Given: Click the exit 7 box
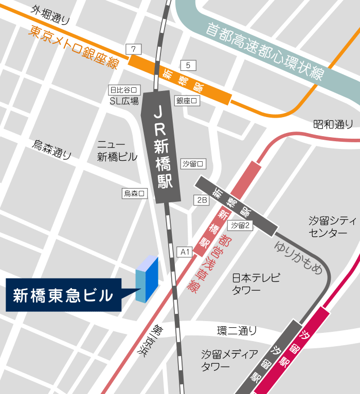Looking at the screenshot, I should pyautogui.click(x=134, y=49).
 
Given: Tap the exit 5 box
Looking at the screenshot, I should pyautogui.click(x=188, y=65).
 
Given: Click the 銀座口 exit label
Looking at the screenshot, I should pyautogui.click(x=187, y=101).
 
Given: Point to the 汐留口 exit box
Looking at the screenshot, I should pyautogui.click(x=193, y=164).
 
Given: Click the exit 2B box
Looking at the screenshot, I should pyautogui.click(x=201, y=200).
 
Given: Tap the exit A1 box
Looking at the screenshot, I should pyautogui.click(x=185, y=252).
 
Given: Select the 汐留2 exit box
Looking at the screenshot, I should pyautogui.click(x=240, y=225).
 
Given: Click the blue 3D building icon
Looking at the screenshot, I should pyautogui.click(x=147, y=278).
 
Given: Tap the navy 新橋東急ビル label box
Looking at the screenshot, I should pyautogui.click(x=63, y=295).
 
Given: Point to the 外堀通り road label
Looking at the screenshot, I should pyautogui.click(x=50, y=14).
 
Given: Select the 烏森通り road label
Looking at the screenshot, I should pyautogui.click(x=52, y=149).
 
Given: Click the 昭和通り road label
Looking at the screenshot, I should pyautogui.click(x=333, y=124).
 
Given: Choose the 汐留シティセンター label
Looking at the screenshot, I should pyautogui.click(x=332, y=227).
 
